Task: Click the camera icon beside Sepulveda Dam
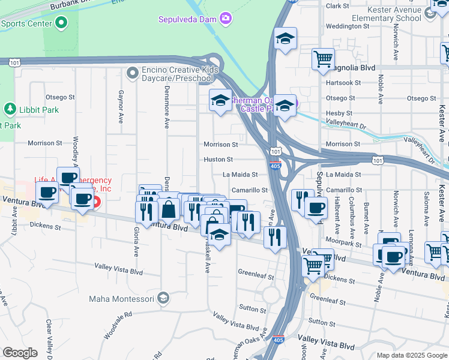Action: click(226, 19)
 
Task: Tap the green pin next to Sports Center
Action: click(61, 24)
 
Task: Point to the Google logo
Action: click(20, 353)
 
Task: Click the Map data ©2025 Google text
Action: click(412, 355)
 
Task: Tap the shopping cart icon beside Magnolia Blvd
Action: click(323, 59)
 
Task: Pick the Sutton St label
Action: click(252, 310)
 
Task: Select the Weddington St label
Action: click(346, 26)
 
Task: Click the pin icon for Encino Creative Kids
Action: click(133, 73)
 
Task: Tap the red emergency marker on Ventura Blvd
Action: click(96, 201)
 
